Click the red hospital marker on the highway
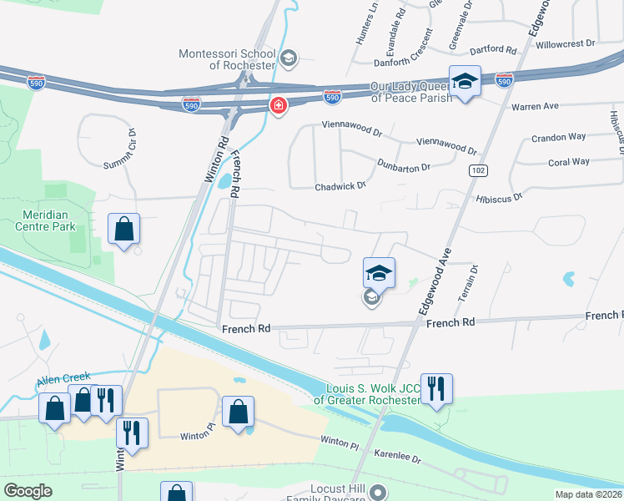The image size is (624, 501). pyautogui.click(x=277, y=106)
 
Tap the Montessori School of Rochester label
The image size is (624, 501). pyautogui.click(x=227, y=59)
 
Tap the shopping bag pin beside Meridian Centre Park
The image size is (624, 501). pyautogui.click(x=123, y=228)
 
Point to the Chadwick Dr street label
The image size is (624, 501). pyautogui.click(x=340, y=185)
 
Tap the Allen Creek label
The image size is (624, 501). pyautogui.click(x=62, y=381)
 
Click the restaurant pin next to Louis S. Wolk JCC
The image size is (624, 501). pyautogui.click(x=436, y=388)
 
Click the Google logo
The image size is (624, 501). pyautogui.click(x=28, y=491)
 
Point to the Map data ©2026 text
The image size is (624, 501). pyautogui.click(x=587, y=494)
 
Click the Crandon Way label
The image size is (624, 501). pyautogui.click(x=559, y=136)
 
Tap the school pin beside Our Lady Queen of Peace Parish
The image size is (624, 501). pyautogui.click(x=465, y=81)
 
